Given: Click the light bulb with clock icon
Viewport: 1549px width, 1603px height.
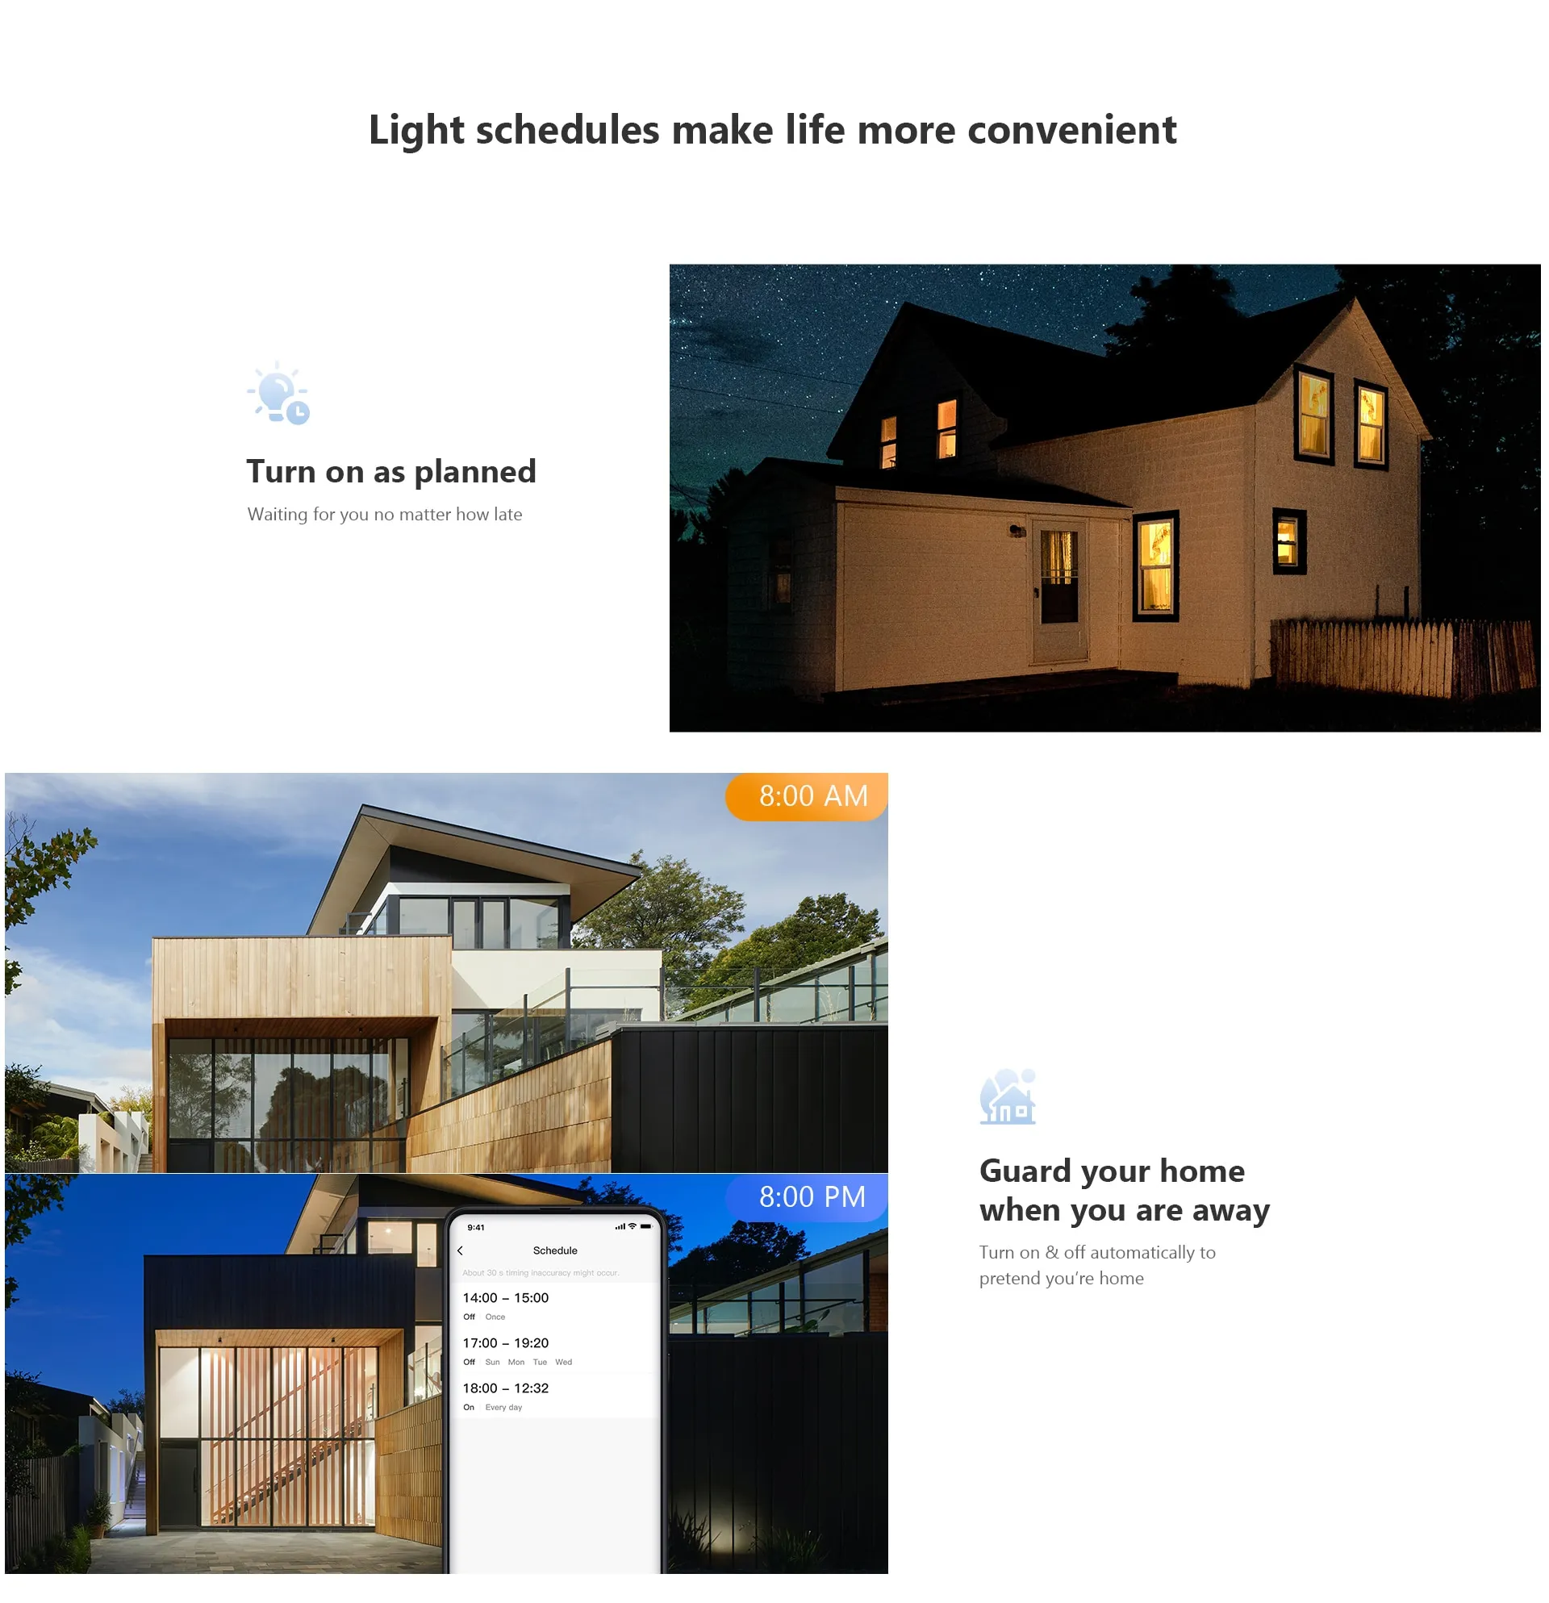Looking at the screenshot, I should click(279, 394).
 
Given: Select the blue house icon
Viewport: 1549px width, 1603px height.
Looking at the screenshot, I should click(1008, 1096).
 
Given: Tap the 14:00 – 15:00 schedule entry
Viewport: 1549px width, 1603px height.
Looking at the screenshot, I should click(505, 1298).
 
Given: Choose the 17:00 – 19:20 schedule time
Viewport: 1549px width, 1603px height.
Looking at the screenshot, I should click(505, 1343).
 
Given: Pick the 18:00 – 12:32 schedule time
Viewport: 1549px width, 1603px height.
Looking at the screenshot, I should click(505, 1388).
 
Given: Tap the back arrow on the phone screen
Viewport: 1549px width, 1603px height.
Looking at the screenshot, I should click(461, 1250).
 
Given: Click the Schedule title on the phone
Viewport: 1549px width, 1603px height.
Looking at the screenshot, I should click(554, 1250).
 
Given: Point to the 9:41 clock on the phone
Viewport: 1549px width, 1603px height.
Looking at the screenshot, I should click(476, 1228).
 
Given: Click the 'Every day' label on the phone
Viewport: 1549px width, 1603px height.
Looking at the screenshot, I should click(503, 1408).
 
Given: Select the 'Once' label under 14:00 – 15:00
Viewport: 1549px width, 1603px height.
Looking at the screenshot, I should click(495, 1317).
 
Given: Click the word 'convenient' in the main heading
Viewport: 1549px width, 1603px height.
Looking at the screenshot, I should click(1071, 130).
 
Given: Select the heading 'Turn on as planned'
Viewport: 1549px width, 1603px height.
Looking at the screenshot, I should click(391, 472).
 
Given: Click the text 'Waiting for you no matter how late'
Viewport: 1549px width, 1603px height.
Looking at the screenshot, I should click(384, 515).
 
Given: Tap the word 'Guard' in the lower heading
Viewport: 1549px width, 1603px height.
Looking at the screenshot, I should click(1025, 1171).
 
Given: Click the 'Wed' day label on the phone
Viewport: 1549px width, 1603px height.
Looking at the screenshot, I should click(563, 1363).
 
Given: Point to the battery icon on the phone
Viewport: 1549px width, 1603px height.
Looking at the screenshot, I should click(646, 1227).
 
